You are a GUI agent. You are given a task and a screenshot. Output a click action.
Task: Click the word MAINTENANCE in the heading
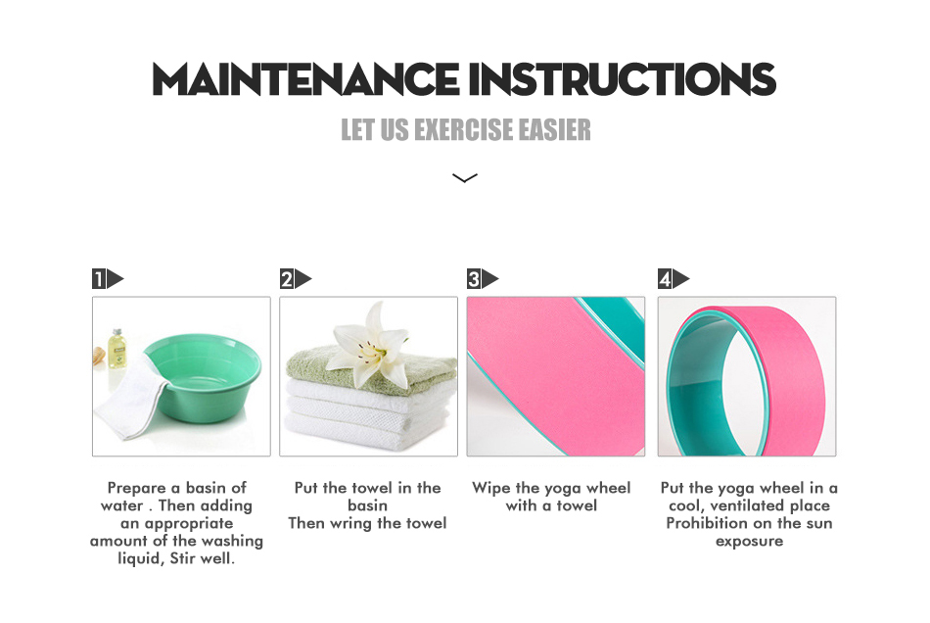pos(305,79)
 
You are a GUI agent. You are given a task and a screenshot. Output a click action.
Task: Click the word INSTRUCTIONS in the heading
pos(623,79)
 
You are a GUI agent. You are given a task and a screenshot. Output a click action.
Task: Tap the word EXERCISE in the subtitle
pos(463,129)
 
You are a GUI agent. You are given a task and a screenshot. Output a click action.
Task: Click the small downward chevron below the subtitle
pos(464,177)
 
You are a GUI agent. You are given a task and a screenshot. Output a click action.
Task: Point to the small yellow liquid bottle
pos(116,349)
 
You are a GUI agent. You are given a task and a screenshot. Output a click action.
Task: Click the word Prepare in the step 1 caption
pos(136,489)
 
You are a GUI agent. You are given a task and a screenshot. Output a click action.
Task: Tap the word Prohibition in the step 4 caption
pos(704,523)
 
